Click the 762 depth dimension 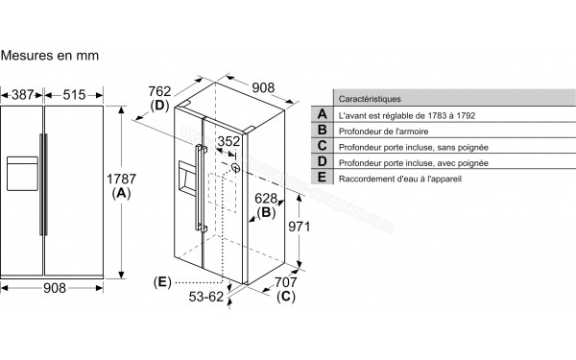159,90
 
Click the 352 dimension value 228,142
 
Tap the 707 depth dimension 286,283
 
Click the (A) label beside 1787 121,193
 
